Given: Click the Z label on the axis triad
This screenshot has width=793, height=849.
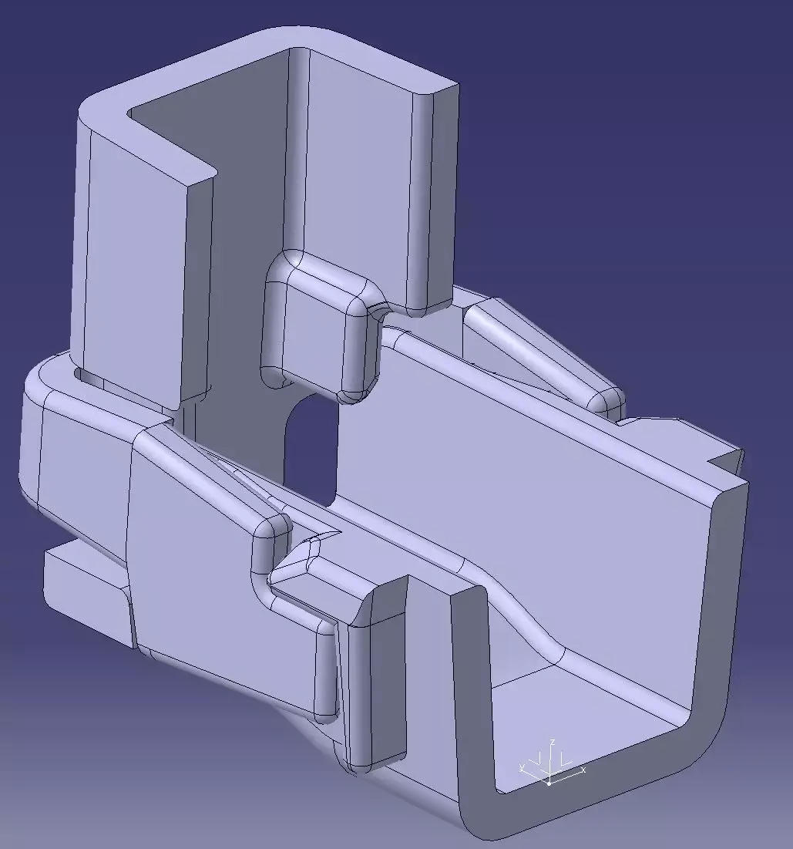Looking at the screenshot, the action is pyautogui.click(x=553, y=742).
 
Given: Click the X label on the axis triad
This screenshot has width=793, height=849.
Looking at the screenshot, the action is pyautogui.click(x=583, y=770).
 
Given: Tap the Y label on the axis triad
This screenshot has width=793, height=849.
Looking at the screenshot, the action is pyautogui.click(x=523, y=766).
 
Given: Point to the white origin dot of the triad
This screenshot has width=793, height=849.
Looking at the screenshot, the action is pyautogui.click(x=549, y=783).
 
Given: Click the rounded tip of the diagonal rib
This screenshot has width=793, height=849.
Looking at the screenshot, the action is pyautogui.click(x=606, y=399).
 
